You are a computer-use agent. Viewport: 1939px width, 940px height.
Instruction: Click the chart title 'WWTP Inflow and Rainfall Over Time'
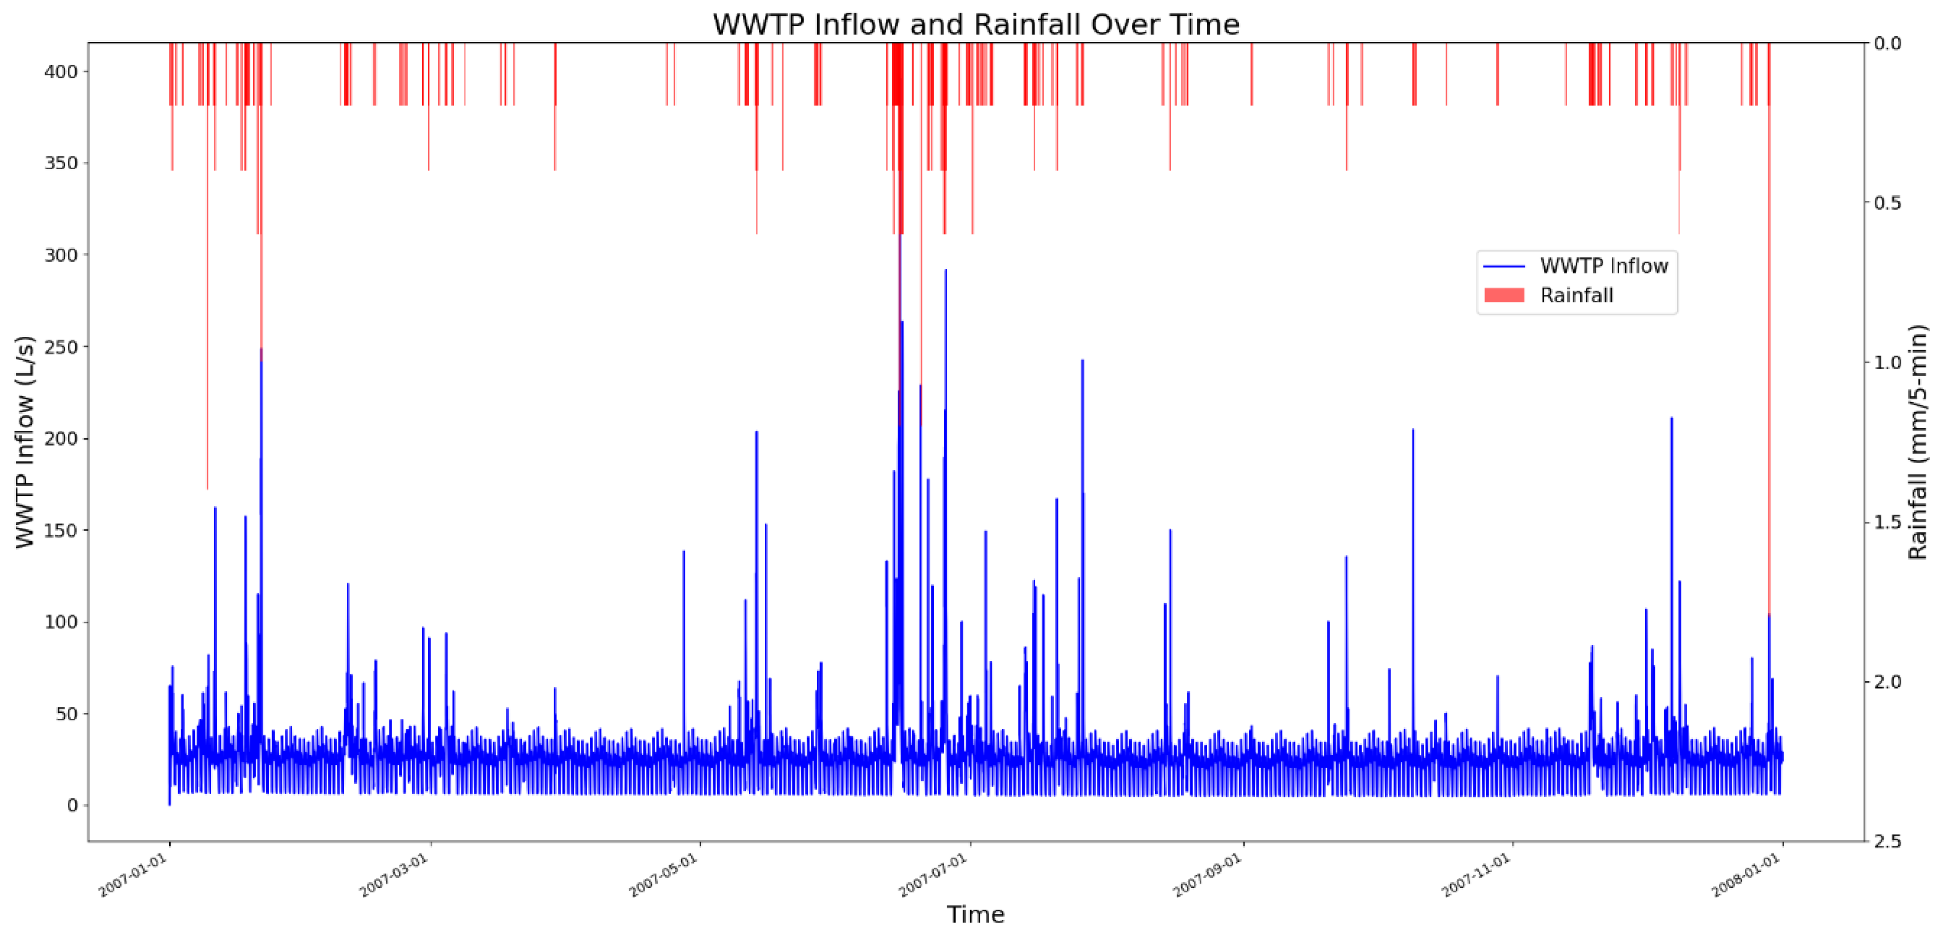coord(975,25)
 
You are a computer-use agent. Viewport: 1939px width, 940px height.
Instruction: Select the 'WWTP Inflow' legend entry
coord(1603,266)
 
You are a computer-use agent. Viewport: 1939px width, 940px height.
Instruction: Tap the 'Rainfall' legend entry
coord(1576,295)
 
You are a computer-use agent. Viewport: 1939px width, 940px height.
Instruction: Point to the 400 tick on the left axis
coord(61,72)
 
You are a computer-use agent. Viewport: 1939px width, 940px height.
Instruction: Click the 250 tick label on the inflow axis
coord(61,347)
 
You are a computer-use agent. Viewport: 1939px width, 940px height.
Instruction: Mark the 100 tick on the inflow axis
coord(61,622)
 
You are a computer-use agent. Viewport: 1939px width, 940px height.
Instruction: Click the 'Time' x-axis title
coord(975,915)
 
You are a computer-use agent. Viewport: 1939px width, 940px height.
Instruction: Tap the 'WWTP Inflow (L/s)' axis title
coord(25,442)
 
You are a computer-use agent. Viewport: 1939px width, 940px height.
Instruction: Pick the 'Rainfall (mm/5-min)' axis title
coord(1918,442)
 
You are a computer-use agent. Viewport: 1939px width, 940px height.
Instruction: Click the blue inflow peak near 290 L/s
coord(946,271)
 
